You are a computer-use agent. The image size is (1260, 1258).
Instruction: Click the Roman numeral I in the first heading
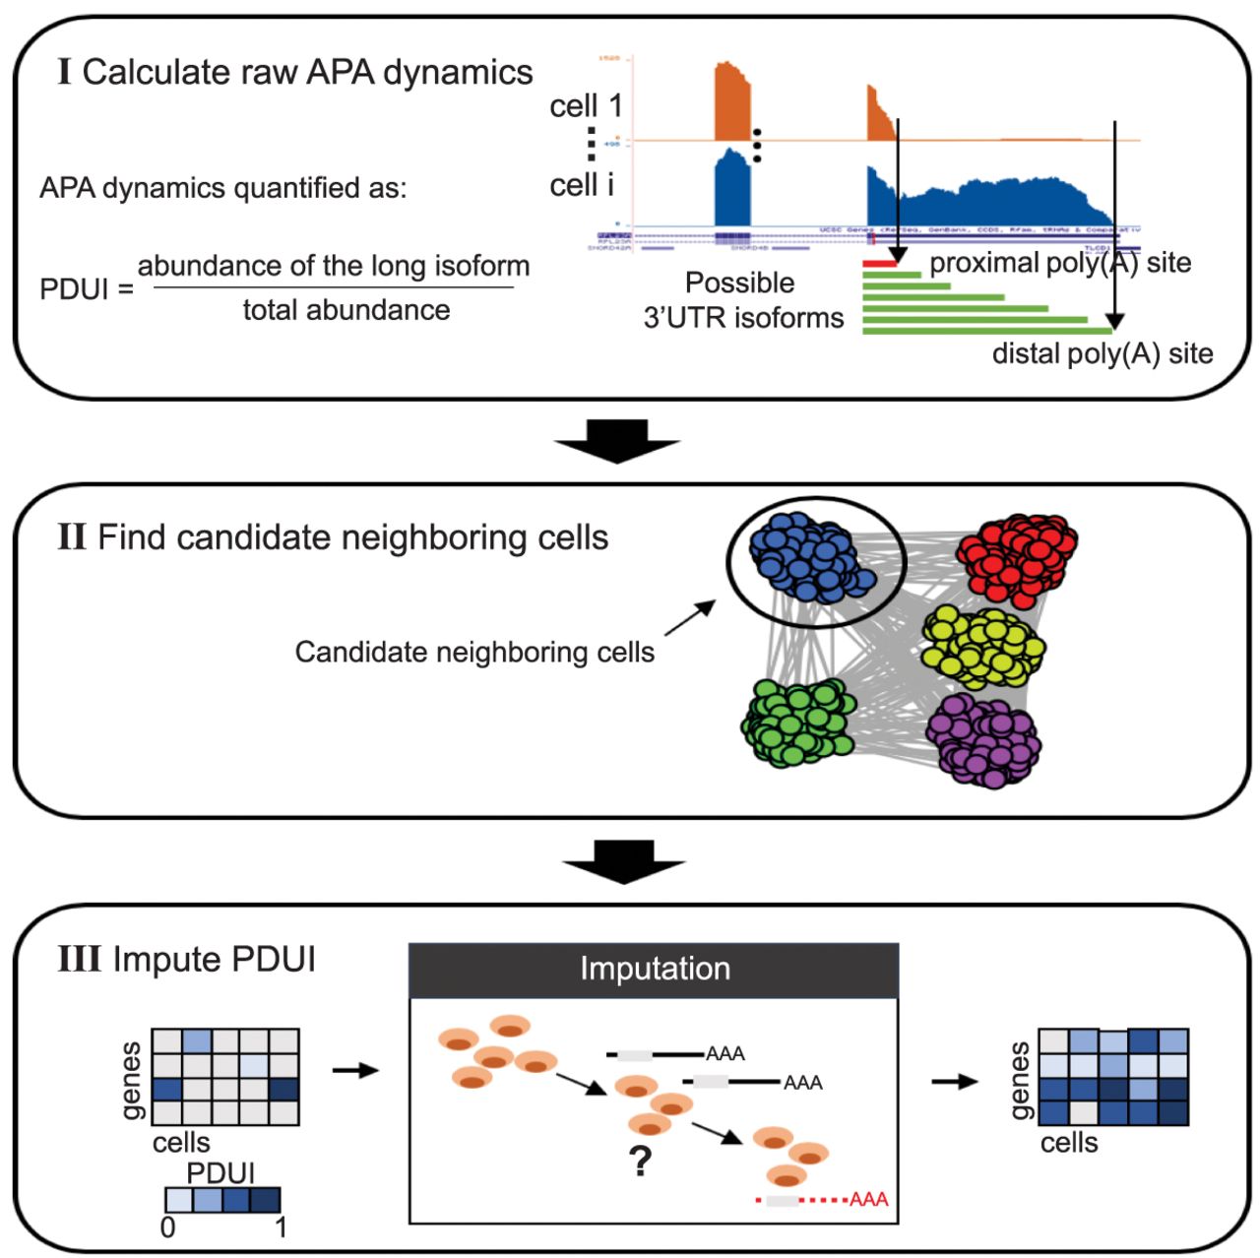tap(65, 72)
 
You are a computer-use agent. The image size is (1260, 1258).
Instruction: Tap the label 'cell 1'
tap(586, 105)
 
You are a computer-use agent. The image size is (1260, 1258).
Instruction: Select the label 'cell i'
tap(582, 184)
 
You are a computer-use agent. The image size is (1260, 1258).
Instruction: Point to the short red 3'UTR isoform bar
tap(880, 263)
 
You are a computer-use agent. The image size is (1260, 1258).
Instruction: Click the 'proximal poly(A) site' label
tap(1060, 263)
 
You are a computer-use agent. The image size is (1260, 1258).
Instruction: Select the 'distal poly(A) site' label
tap(1102, 353)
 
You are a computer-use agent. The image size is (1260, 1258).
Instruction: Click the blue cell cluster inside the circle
tap(809, 557)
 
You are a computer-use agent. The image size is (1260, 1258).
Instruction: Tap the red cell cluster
tap(1016, 557)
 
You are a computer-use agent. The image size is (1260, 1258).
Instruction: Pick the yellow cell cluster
tap(982, 646)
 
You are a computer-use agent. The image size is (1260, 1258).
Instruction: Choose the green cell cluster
tap(798, 723)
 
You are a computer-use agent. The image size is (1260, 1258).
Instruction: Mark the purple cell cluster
tap(983, 739)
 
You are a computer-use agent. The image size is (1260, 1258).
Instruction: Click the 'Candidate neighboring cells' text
tap(474, 652)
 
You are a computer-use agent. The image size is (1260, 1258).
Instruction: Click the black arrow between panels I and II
tap(617, 441)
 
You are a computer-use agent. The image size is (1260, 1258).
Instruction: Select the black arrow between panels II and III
tap(623, 861)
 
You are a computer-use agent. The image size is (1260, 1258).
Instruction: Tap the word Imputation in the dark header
tap(655, 969)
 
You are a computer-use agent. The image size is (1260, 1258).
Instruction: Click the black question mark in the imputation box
tap(641, 1162)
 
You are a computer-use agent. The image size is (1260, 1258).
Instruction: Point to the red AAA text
tap(869, 1199)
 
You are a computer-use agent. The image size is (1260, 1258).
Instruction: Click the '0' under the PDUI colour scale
tap(168, 1227)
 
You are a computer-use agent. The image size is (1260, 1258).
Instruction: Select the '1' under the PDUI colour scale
tap(282, 1227)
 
